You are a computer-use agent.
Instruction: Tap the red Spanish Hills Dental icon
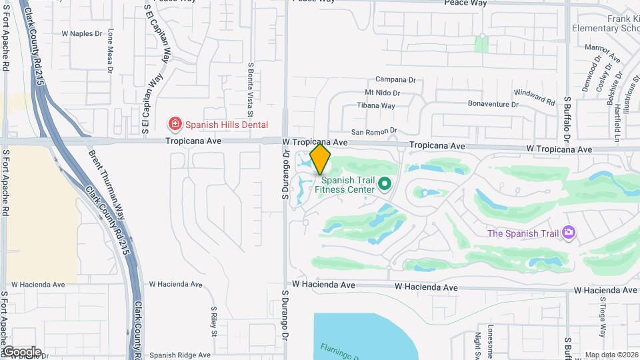coord(175,124)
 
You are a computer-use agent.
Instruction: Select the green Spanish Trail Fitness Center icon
coord(384,183)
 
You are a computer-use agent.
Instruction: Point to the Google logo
coord(21,351)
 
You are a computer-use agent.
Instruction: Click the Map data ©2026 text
coord(611,355)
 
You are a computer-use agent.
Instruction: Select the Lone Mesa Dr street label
coord(110,50)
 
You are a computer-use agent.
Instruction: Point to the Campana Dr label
coord(395,79)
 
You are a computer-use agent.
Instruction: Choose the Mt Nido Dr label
coord(382,93)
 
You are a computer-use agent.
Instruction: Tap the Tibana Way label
coord(376,105)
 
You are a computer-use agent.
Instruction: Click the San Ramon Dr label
coord(374,131)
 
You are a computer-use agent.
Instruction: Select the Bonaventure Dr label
coord(493,104)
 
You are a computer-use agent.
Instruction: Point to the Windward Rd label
coord(535,97)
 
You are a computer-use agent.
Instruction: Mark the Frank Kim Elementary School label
coord(605,23)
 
